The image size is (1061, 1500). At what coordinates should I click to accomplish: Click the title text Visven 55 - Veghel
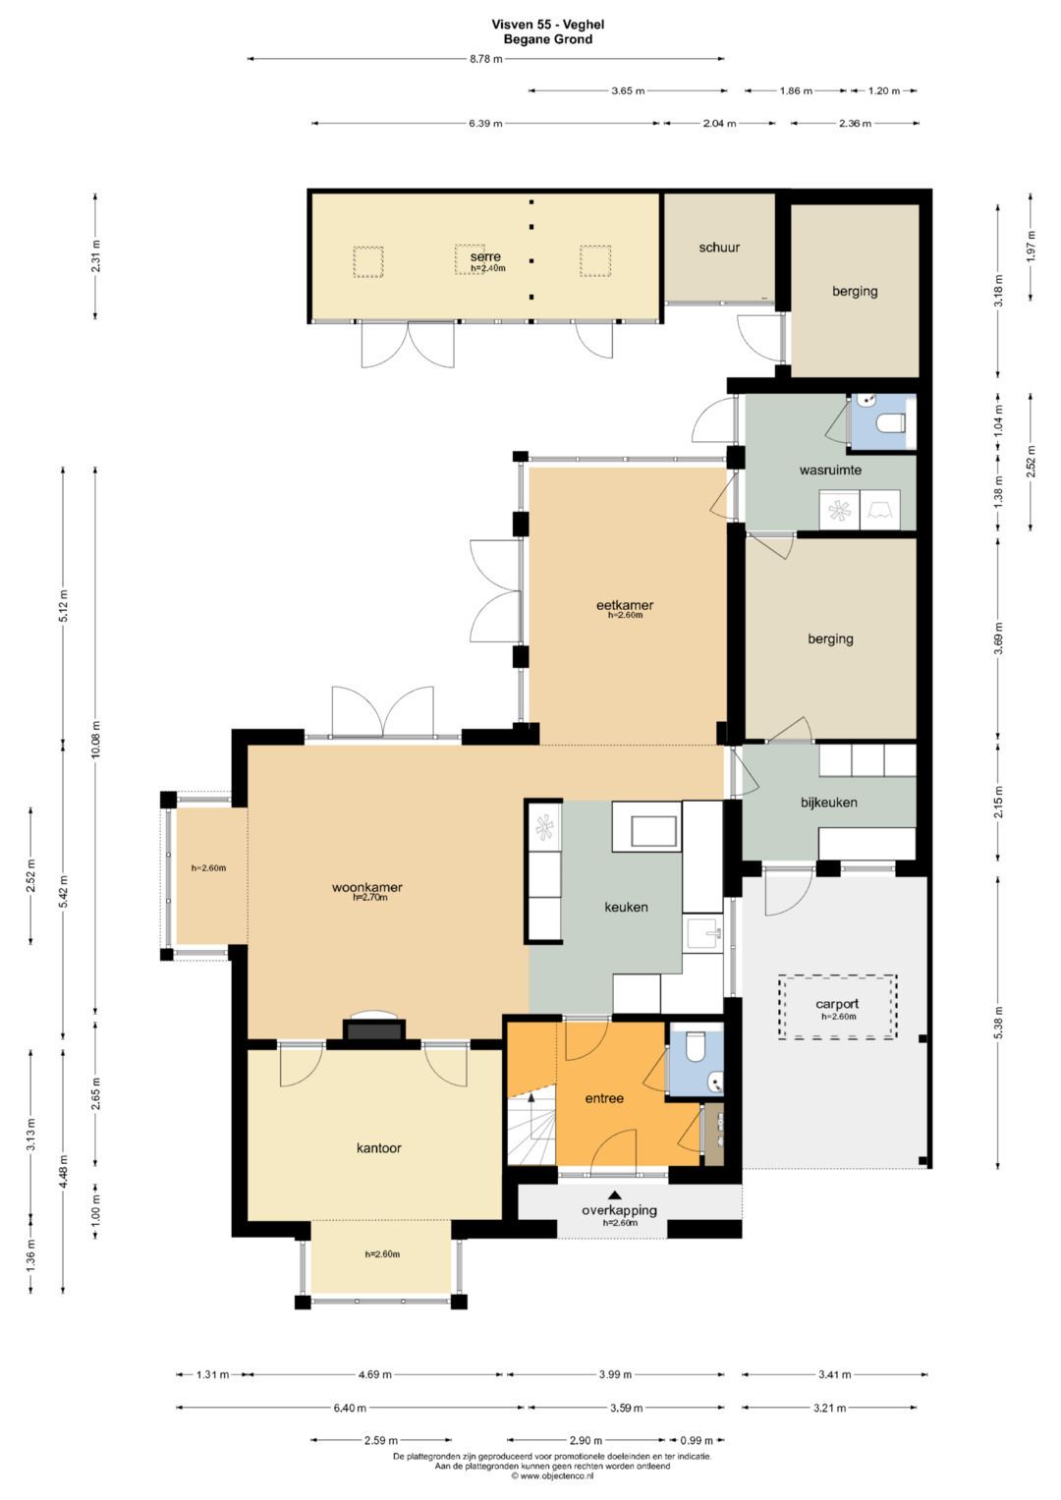pyautogui.click(x=548, y=25)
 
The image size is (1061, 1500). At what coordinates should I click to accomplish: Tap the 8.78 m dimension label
pyautogui.click(x=485, y=59)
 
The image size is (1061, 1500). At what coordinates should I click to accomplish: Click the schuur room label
pyautogui.click(x=719, y=248)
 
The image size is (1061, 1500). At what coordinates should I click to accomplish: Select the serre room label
pyautogui.click(x=485, y=256)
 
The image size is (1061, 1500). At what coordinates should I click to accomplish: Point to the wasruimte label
pyautogui.click(x=830, y=471)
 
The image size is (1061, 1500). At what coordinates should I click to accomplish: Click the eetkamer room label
pyautogui.click(x=624, y=605)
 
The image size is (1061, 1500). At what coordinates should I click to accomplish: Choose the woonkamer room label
pyautogui.click(x=367, y=888)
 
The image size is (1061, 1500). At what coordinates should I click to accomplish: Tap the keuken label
pyautogui.click(x=627, y=908)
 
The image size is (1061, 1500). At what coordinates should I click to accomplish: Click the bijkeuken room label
pyautogui.click(x=828, y=803)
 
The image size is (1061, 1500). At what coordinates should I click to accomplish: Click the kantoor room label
pyautogui.click(x=378, y=1148)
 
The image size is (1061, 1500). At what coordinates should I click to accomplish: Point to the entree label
pyautogui.click(x=604, y=1099)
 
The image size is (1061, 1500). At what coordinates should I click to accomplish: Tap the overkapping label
pyautogui.click(x=619, y=1211)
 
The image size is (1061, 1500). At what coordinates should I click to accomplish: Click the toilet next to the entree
pyautogui.click(x=697, y=1047)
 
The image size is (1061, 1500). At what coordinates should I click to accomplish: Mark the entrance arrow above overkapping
pyautogui.click(x=614, y=1194)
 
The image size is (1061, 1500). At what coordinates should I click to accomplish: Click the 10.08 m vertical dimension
pyautogui.click(x=95, y=739)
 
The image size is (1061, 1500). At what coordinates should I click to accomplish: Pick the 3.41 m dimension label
pyautogui.click(x=835, y=1375)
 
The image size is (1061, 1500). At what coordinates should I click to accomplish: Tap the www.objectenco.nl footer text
pyautogui.click(x=551, y=1475)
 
